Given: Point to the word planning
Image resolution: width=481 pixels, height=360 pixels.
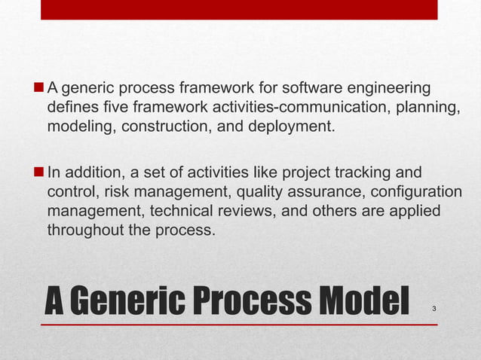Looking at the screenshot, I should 429,107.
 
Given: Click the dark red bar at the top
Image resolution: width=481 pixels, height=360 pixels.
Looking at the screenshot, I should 239,9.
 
